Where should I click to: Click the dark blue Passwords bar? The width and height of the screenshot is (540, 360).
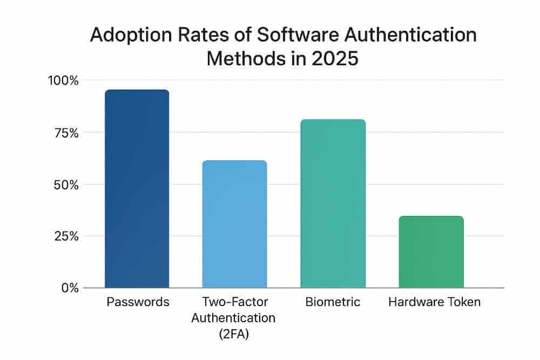[x=137, y=189]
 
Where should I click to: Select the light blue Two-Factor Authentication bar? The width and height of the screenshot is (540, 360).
[x=234, y=224]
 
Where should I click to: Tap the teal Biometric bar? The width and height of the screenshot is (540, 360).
[x=333, y=203]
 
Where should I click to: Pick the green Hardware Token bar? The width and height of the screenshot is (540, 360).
[x=431, y=252]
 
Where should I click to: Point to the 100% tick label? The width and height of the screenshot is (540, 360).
[x=64, y=80]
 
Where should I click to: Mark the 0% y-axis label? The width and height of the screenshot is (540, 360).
[x=69, y=288]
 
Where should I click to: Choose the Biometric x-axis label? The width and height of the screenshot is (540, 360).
[x=333, y=302]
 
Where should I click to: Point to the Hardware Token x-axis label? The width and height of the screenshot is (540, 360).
[x=434, y=302]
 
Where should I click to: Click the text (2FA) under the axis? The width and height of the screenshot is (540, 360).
[x=233, y=334]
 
